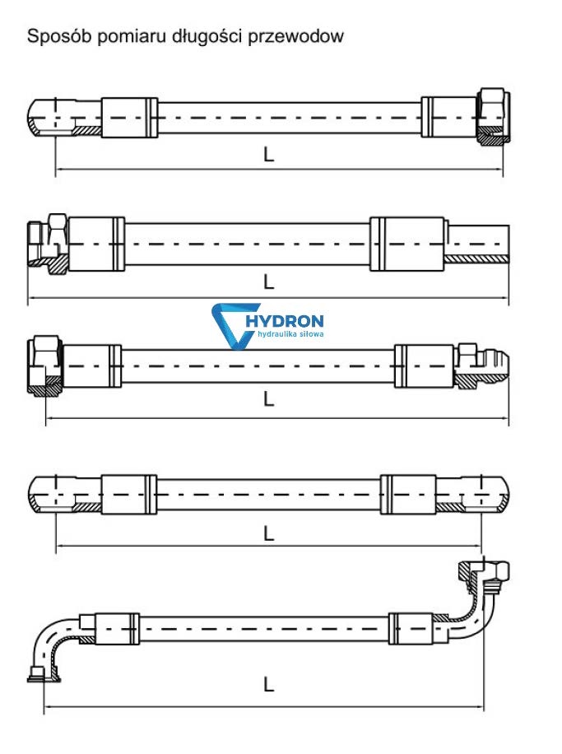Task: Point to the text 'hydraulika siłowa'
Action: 290,333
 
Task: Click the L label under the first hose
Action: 268,155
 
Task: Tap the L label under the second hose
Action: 268,282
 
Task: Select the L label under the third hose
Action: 268,398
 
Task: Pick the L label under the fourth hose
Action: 268,533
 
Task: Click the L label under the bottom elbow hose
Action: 268,684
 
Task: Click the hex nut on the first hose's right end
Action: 493,115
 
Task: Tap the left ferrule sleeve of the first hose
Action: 129,118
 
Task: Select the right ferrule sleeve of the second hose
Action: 406,244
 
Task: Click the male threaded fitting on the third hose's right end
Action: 481,365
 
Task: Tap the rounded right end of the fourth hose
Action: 485,495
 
